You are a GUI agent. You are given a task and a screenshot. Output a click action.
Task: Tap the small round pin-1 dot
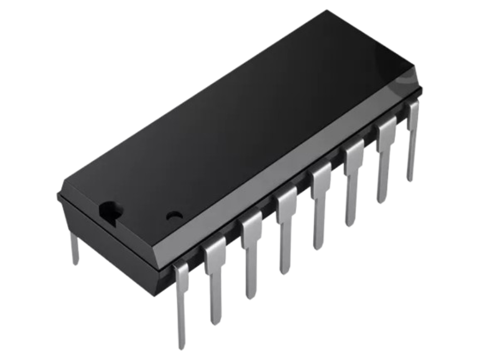click(x=174, y=213)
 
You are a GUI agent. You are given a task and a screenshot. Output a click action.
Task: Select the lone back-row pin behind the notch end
click(x=74, y=247)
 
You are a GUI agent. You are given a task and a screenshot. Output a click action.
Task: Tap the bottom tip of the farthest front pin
click(x=410, y=179)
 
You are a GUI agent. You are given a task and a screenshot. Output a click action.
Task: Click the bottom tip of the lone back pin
click(x=75, y=263)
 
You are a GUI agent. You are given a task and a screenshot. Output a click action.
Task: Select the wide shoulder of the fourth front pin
click(x=286, y=203)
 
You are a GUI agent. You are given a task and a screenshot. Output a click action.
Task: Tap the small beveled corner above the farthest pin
click(x=417, y=94)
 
